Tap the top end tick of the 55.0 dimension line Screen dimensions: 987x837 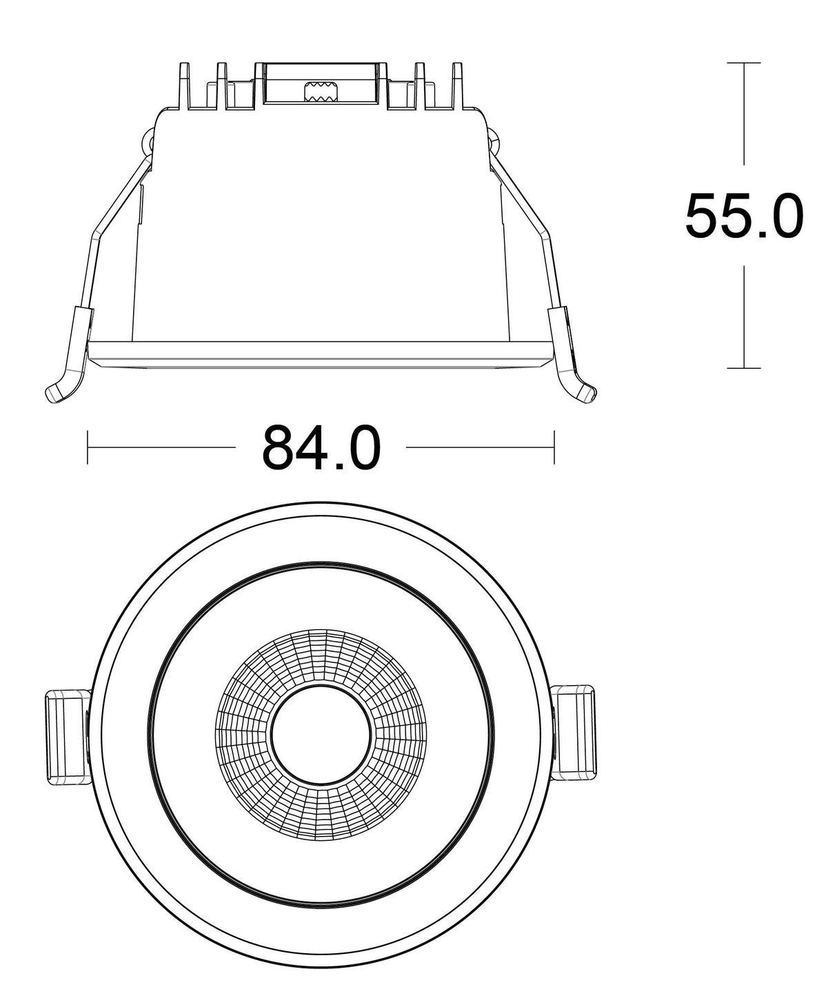[744, 63]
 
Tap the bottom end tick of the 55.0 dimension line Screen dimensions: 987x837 [744, 368]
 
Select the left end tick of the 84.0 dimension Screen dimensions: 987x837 [88, 447]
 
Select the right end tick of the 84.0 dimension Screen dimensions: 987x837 [554, 447]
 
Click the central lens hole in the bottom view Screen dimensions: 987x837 [321, 735]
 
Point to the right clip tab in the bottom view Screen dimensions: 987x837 [576, 733]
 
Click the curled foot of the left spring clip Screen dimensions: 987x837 [57, 392]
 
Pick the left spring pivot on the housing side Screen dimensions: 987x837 [146, 143]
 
